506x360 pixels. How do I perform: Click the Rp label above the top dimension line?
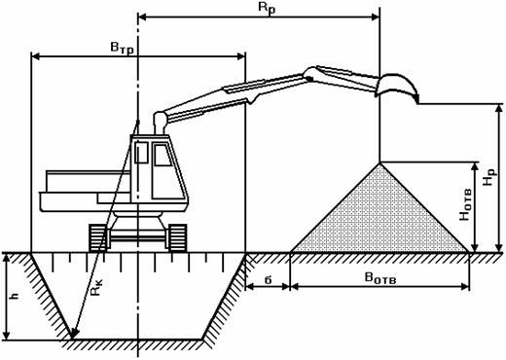(267, 8)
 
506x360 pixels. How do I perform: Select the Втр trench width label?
(122, 49)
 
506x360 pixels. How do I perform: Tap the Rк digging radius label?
(96, 287)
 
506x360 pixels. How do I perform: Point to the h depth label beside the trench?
(16, 296)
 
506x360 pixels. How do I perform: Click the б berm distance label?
(268, 279)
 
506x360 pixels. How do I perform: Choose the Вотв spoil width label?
(380, 278)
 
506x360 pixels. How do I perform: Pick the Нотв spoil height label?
(465, 205)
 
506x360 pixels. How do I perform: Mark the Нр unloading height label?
(489, 177)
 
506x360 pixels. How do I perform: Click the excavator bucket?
(397, 86)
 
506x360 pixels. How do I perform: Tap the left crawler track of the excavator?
(97, 237)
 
